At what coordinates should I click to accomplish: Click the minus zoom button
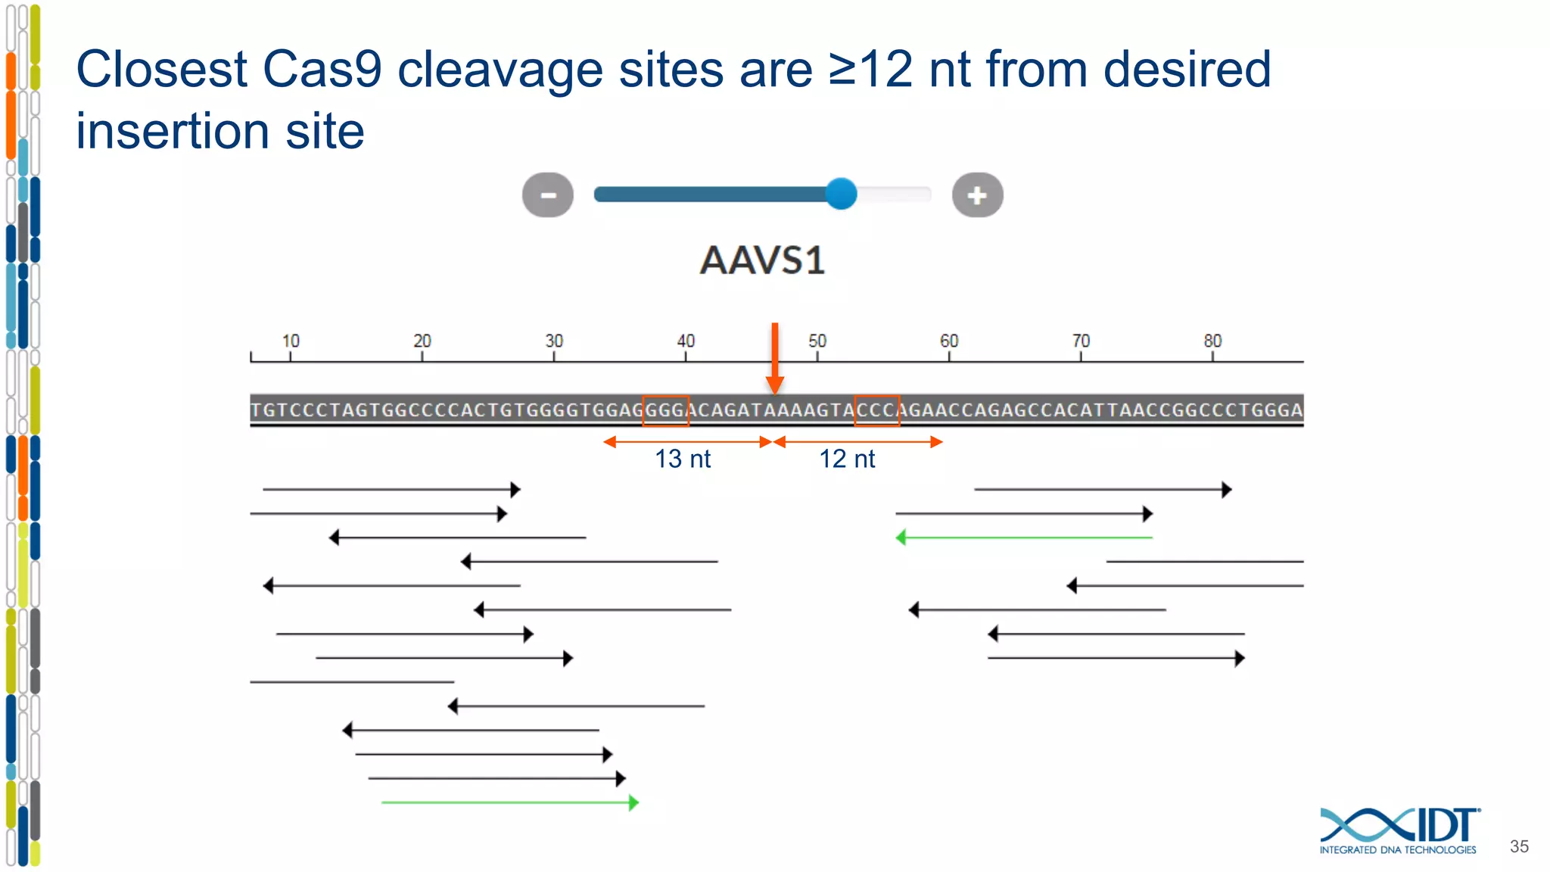pos(548,195)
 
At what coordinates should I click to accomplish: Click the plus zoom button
pos(977,195)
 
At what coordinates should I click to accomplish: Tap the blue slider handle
pos(840,194)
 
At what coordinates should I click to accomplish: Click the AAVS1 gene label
pos(762,260)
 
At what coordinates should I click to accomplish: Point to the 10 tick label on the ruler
pos(291,341)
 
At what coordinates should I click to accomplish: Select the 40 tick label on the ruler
pos(686,341)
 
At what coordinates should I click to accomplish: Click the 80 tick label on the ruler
pos(1212,341)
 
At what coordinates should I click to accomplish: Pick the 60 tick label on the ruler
pos(949,341)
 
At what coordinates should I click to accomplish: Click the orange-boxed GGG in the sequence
pos(665,410)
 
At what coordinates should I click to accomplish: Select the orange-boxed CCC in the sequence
pos(876,410)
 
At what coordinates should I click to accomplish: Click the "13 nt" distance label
pos(683,459)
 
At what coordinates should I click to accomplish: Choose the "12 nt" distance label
pos(847,459)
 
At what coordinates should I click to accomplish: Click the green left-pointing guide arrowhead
pos(901,537)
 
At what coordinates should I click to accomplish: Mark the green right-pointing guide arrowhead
pos(633,802)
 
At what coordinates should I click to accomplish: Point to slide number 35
pos(1519,846)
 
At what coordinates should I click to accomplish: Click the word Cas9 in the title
pos(322,70)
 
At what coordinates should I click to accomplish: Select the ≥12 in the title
pos(870,70)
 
